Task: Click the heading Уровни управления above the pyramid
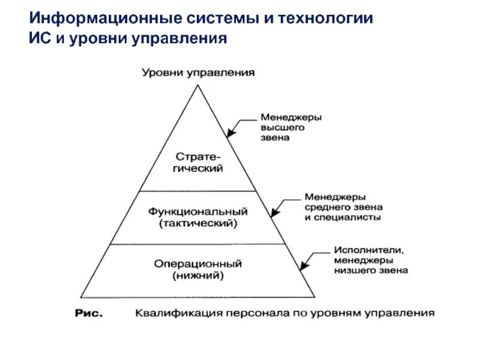coord(198,73)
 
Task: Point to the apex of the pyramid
coord(197,85)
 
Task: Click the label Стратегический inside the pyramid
coord(197,163)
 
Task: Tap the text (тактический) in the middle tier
coord(198,223)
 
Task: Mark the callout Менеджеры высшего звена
coord(290,127)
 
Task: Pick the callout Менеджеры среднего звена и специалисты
coord(343,207)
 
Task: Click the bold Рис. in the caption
coord(89,313)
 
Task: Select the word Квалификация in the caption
coord(168,313)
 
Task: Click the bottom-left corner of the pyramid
coord(80,296)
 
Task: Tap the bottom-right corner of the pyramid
coord(314,296)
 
